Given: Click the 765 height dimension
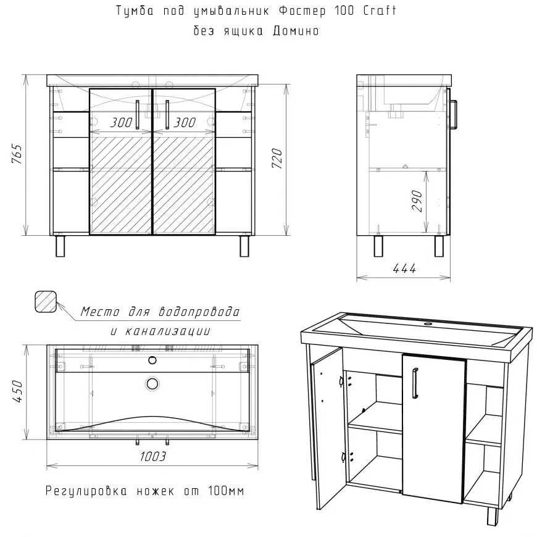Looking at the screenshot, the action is (x=17, y=154).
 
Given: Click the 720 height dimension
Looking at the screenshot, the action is (x=277, y=158).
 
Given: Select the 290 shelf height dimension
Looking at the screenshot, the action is (x=417, y=201).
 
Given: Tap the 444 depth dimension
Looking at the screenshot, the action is (x=404, y=268).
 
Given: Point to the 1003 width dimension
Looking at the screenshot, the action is (x=152, y=456).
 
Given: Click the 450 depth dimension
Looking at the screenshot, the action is (x=17, y=391).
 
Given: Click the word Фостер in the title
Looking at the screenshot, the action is (x=302, y=11).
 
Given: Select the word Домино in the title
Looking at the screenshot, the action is (x=296, y=31).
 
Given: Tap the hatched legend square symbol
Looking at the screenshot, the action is (x=46, y=302).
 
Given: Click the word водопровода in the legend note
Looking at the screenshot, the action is (x=199, y=312).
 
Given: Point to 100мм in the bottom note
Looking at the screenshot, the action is (x=226, y=491).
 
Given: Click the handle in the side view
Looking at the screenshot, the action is (x=453, y=114).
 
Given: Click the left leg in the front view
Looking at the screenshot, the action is (x=60, y=246).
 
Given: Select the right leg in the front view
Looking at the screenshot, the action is (x=244, y=246).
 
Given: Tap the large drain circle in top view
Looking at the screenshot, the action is (x=152, y=383).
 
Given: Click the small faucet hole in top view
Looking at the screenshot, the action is (x=152, y=360).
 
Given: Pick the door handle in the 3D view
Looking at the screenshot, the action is (x=415, y=383).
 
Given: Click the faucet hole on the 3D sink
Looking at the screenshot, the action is (x=428, y=323).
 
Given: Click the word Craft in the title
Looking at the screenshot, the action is (x=380, y=10).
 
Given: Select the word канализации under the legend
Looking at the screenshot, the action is (x=168, y=331).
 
